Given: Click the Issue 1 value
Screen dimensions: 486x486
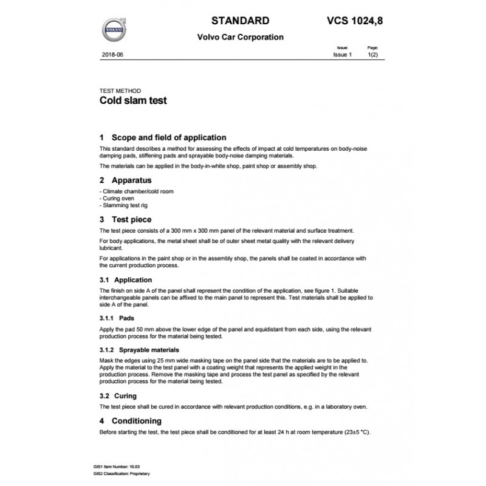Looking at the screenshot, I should pos(342,55).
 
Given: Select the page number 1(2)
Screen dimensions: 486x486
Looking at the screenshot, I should pos(373,55).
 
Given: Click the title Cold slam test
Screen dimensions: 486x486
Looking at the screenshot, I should pos(132,101).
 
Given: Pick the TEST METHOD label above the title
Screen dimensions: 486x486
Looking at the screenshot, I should pos(120,91).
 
